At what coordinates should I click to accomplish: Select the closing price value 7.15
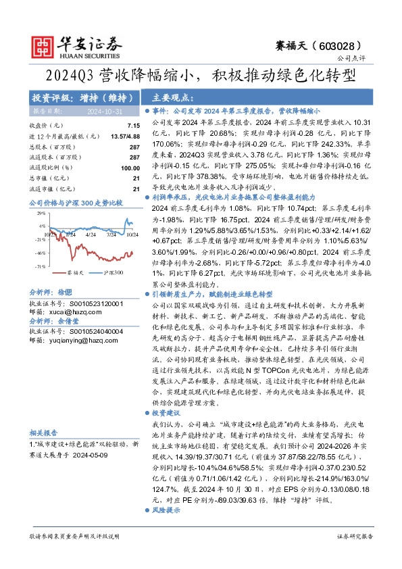[x=132, y=126]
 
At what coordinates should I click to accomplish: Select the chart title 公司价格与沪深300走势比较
[x=75, y=203]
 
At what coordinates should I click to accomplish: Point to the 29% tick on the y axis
[x=41, y=213]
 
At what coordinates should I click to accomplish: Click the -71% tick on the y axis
[x=40, y=267]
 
